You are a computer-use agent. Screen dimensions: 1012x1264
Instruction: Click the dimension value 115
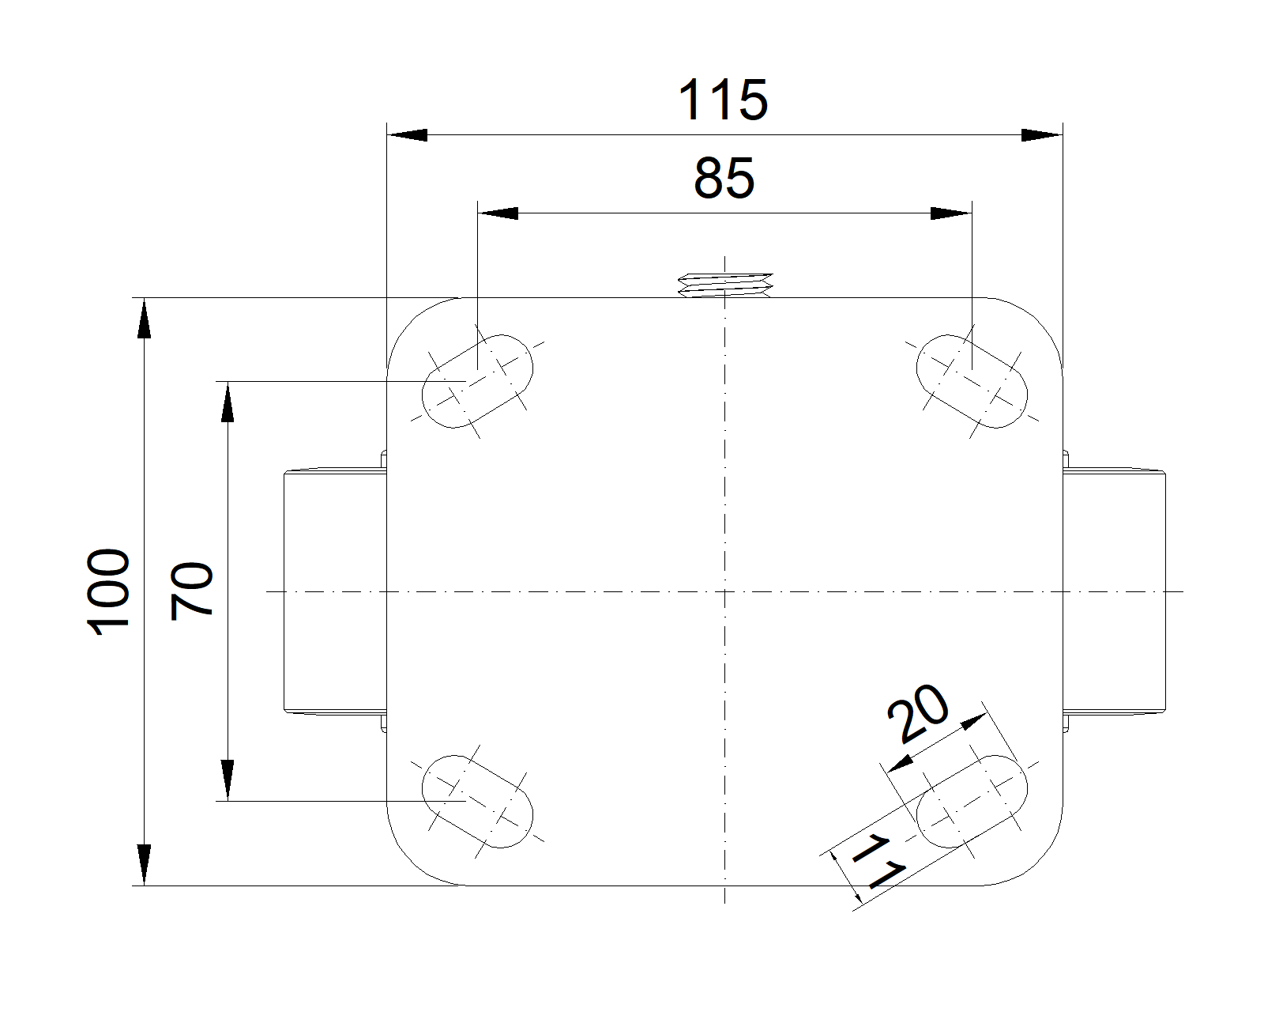(x=723, y=100)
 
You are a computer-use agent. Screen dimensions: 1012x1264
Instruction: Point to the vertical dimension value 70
(x=193, y=590)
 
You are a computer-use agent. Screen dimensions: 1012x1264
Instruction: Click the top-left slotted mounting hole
(x=478, y=381)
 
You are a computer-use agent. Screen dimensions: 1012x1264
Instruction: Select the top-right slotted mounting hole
(x=972, y=381)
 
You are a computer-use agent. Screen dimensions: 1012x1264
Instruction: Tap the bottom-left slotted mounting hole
(x=478, y=801)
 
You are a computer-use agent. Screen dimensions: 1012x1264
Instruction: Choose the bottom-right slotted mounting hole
(x=972, y=801)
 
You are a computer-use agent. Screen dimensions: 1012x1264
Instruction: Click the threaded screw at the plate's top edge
(x=725, y=285)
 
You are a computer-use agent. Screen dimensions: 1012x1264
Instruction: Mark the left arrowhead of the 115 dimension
(x=406, y=135)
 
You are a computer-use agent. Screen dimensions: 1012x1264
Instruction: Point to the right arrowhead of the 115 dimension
(x=1042, y=135)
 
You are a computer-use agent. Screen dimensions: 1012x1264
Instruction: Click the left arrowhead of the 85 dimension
(x=498, y=213)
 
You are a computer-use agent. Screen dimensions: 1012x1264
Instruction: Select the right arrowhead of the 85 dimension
(x=951, y=213)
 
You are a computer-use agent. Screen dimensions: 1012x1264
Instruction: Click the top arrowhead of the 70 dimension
(x=228, y=401)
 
